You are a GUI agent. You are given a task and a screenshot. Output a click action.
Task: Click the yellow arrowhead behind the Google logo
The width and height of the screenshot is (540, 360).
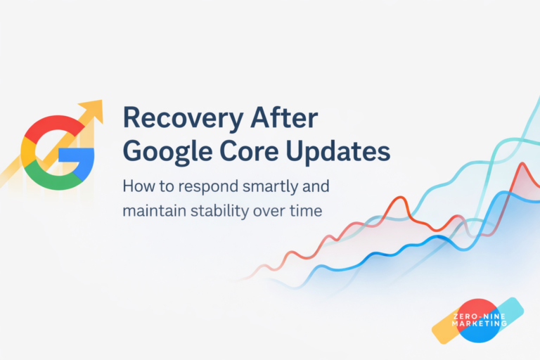[92, 112]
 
